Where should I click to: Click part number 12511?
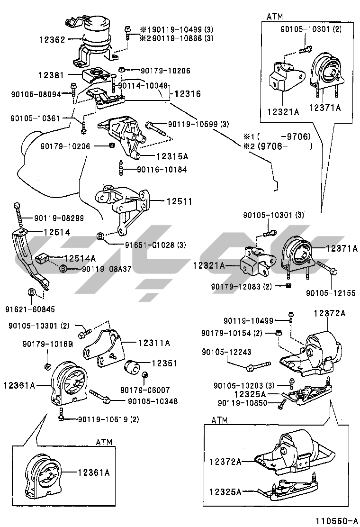179,201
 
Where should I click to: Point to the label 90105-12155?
331,293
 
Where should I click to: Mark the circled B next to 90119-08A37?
63,269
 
